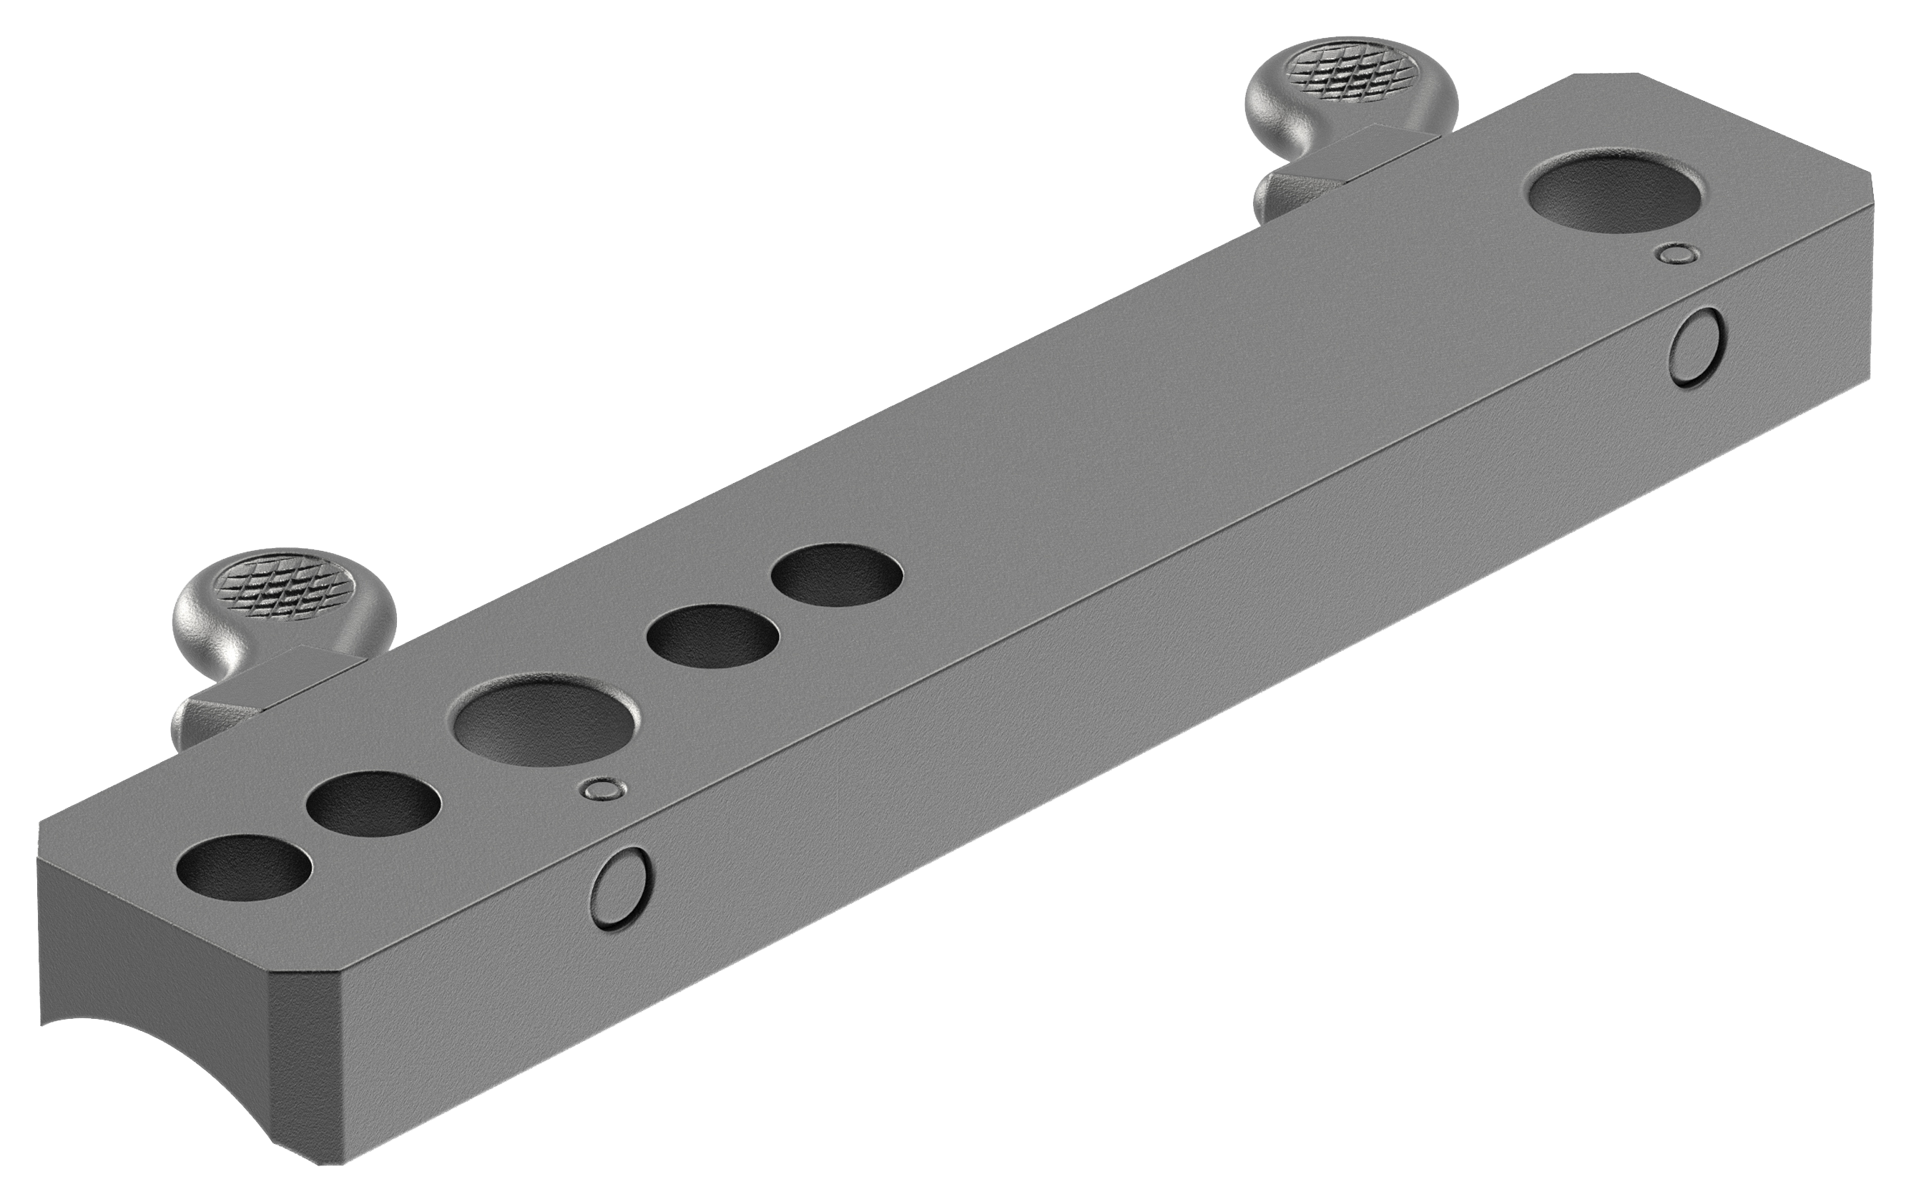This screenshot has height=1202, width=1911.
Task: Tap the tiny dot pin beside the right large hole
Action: (x=1677, y=253)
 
